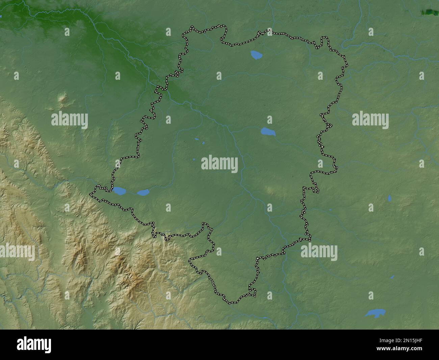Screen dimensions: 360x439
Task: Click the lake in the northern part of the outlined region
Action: pos(256,54)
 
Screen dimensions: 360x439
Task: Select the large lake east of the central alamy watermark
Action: pos(268,131)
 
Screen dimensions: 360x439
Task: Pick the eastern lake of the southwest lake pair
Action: pos(143,193)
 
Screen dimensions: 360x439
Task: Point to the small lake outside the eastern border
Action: pos(389,198)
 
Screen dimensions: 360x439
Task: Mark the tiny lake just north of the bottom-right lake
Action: pos(392,277)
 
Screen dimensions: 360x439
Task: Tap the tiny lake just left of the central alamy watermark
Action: pos(195,159)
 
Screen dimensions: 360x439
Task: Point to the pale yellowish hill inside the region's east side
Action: pos(270,191)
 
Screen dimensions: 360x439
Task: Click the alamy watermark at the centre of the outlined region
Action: pos(219,164)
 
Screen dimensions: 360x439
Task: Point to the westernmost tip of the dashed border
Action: pos(90,194)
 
